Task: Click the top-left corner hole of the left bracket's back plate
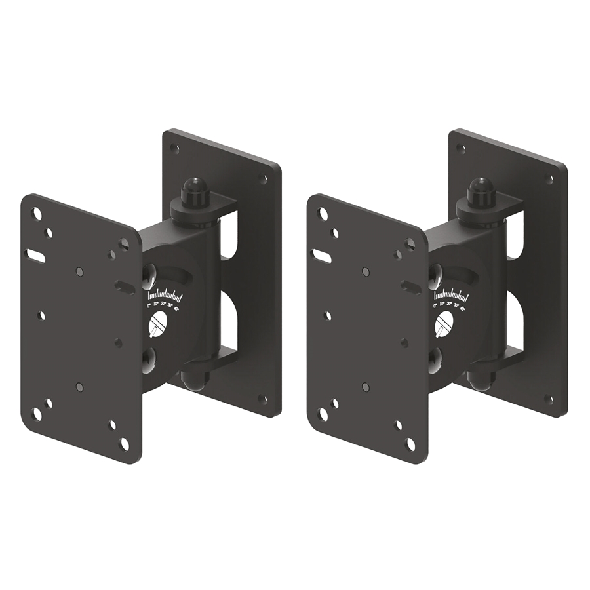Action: [x=174, y=148]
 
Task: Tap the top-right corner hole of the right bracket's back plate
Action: [x=549, y=178]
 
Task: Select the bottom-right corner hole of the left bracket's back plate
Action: [x=263, y=399]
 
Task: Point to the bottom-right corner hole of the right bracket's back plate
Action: [x=549, y=399]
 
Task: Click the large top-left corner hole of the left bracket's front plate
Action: [x=37, y=214]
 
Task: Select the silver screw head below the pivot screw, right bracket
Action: [x=435, y=359]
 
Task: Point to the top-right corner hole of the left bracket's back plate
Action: [x=264, y=178]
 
